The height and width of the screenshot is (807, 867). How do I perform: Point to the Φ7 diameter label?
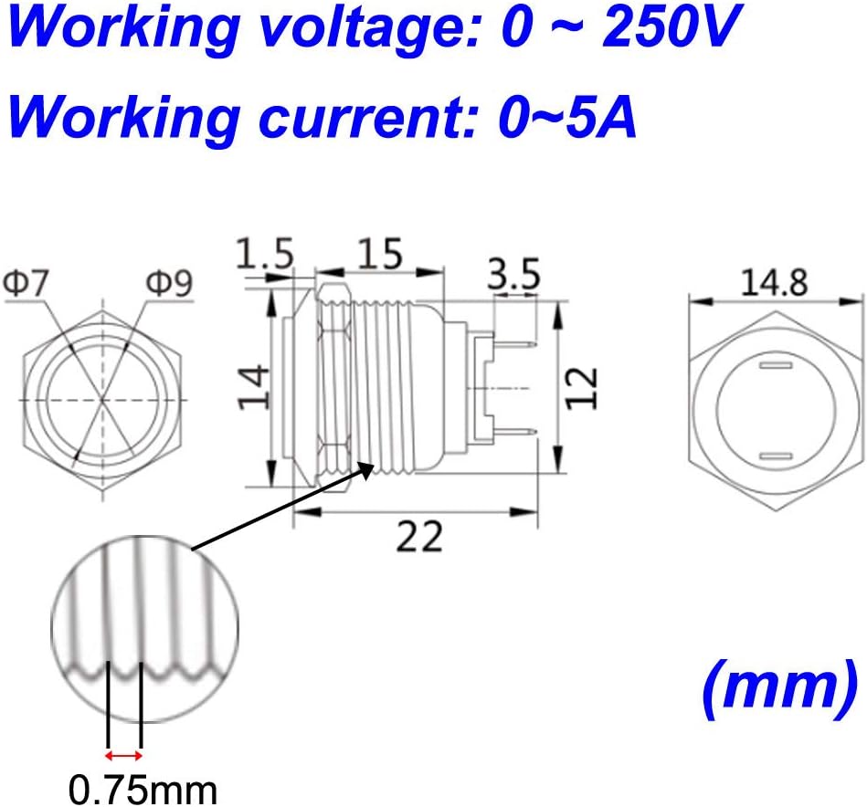pos(26,283)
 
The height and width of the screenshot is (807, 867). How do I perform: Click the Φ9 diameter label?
pos(169,283)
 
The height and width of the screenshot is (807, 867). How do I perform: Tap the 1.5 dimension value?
pos(265,254)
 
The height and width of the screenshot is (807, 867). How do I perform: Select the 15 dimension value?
pos(380,254)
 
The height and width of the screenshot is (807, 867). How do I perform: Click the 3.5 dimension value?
pos(513,274)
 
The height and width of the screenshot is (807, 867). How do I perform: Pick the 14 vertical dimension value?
pos(254,387)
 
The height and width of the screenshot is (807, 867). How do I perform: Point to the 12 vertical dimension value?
pos(582,388)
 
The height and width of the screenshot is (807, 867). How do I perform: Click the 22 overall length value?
pos(419,536)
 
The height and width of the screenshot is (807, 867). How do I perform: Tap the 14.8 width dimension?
pos(774,282)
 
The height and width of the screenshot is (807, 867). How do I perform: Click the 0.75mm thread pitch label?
pos(143,791)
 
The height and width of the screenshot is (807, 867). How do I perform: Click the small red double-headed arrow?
pos(124,755)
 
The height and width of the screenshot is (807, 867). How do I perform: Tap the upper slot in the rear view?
pos(776,365)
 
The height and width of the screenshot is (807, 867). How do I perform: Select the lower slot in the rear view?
pos(776,456)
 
